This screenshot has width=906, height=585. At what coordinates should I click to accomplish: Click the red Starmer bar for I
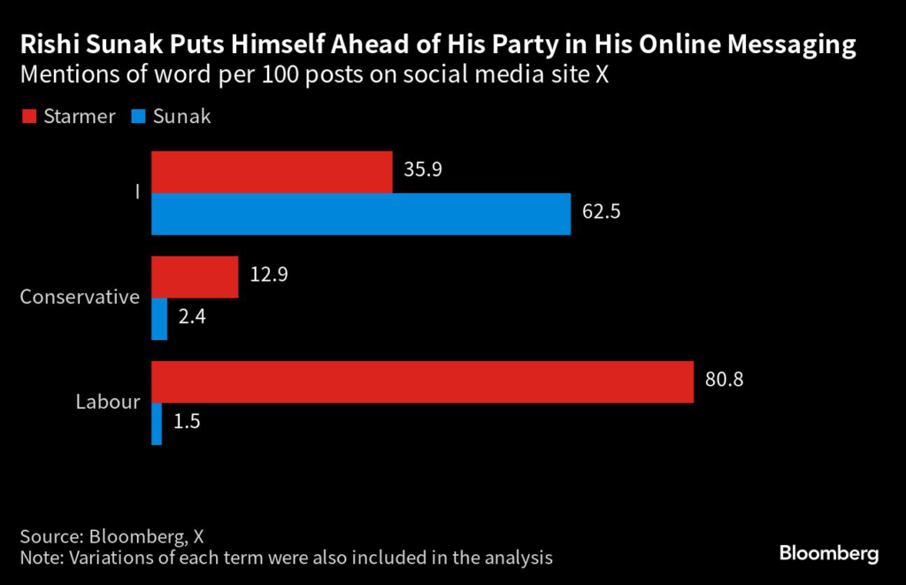(272, 172)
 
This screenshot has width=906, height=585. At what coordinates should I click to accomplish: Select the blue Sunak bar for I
(361, 214)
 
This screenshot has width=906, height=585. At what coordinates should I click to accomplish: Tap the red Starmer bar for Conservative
(195, 277)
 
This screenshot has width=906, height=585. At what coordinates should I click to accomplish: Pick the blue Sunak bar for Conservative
(159, 319)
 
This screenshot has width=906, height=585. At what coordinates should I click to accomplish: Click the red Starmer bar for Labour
(422, 381)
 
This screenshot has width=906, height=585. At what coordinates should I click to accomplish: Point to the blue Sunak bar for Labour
(157, 424)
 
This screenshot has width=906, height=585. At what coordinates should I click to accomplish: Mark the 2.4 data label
(191, 316)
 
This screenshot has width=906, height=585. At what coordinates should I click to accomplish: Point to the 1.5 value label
(188, 421)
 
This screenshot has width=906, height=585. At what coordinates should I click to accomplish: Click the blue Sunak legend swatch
(138, 116)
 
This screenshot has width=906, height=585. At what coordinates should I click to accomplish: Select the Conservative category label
(80, 296)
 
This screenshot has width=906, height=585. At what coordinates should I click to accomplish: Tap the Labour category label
(107, 402)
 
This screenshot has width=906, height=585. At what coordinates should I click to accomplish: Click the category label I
(137, 192)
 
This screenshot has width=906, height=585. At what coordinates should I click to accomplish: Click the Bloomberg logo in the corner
(828, 554)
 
